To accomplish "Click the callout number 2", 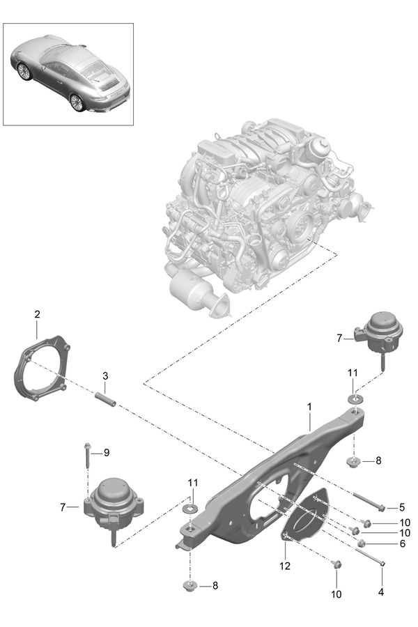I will (x=36, y=315).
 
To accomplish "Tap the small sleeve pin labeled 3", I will (x=104, y=400).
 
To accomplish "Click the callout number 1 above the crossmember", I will (x=308, y=405).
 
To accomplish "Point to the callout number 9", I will (x=107, y=452).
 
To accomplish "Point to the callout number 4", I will (x=380, y=593).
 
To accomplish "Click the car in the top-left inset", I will (x=70, y=75).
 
